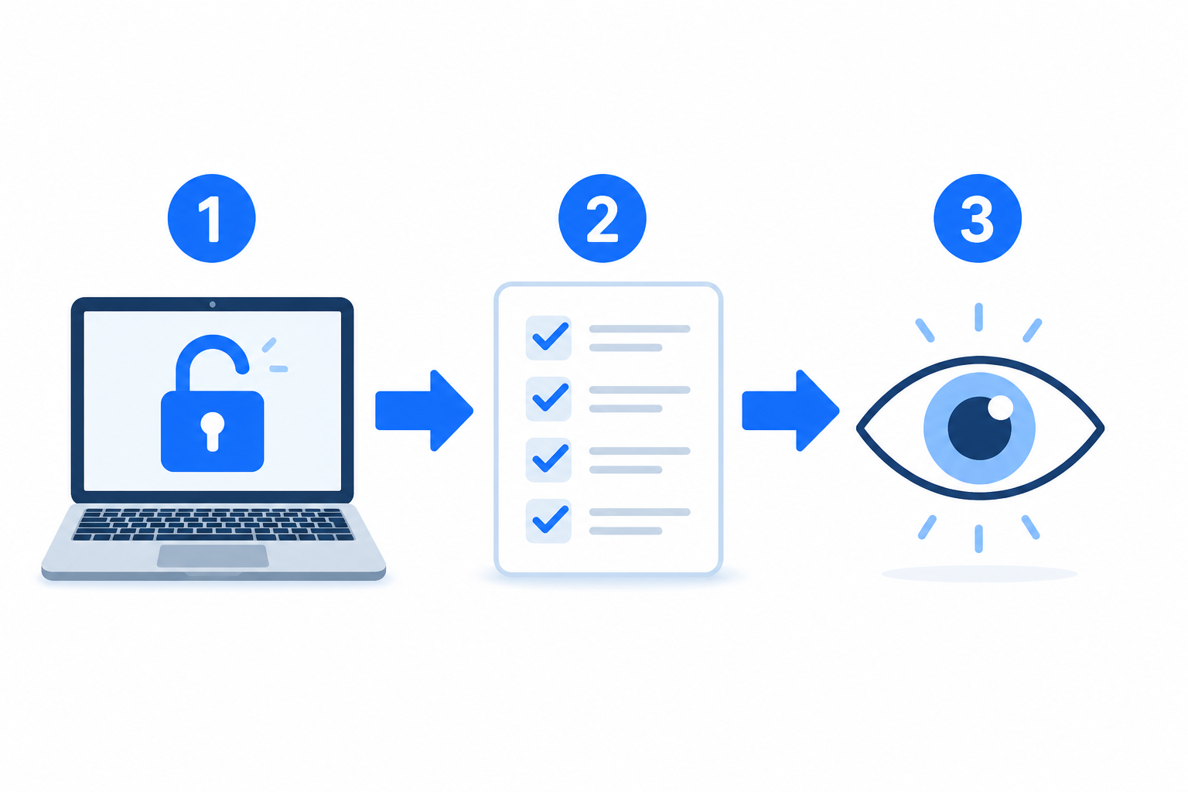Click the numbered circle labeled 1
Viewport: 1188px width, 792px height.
click(212, 218)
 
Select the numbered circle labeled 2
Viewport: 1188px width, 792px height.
click(603, 218)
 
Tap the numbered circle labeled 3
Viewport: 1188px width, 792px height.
click(978, 218)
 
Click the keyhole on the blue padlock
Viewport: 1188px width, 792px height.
click(212, 432)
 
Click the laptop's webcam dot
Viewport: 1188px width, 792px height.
click(212, 305)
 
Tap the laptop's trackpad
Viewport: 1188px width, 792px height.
click(213, 556)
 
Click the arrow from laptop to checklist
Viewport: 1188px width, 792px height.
click(424, 411)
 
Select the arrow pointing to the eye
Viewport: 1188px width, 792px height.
click(790, 411)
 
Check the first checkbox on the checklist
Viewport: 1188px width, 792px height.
click(548, 338)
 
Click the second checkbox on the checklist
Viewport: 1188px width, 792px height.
click(548, 399)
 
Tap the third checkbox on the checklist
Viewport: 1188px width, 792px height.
click(548, 460)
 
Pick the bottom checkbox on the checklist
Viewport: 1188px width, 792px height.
click(548, 521)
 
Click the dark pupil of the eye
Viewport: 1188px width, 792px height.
click(979, 428)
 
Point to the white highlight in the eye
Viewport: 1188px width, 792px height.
click(1000, 408)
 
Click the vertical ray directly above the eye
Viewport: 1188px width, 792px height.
click(978, 317)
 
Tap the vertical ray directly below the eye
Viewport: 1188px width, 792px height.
click(978, 539)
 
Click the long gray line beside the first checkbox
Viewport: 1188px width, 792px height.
click(640, 329)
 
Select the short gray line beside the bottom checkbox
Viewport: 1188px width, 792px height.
click(626, 531)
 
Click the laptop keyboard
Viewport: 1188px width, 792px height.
click(213, 524)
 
